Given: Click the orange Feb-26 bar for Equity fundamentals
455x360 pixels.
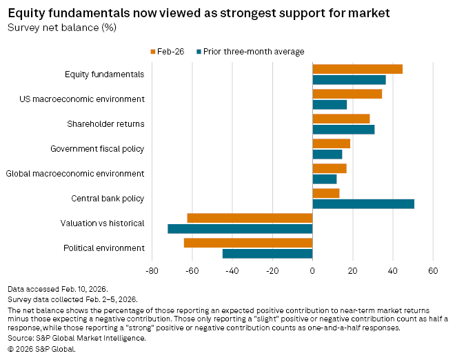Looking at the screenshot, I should pyautogui.click(x=357, y=69).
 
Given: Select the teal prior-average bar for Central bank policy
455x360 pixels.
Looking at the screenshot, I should pyautogui.click(x=363, y=203).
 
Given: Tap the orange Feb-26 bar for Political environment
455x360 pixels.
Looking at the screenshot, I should pyautogui.click(x=248, y=243).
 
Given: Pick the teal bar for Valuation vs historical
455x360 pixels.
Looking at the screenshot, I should pyautogui.click(x=240, y=228).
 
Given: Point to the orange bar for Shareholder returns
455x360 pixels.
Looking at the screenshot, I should pyautogui.click(x=341, y=119).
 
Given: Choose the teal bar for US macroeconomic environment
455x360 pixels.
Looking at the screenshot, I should pyautogui.click(x=330, y=104).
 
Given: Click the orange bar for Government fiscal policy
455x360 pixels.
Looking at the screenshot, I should pyautogui.click(x=331, y=143).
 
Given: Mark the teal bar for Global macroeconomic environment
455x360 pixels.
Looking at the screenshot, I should pyautogui.click(x=325, y=179).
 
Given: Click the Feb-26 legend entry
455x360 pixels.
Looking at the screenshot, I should pyautogui.click(x=165, y=51).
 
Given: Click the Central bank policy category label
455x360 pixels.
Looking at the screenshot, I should pyautogui.click(x=108, y=199).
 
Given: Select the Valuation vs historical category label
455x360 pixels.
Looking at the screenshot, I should pyautogui.click(x=103, y=223).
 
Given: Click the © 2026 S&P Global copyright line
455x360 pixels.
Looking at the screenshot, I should pyautogui.click(x=41, y=349).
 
